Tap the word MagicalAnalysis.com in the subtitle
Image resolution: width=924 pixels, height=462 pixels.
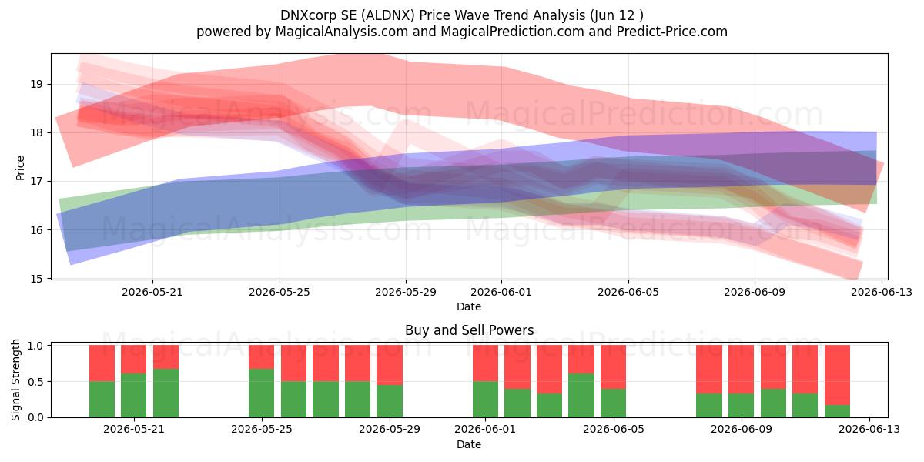[342, 32]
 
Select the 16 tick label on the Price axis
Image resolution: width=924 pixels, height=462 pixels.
[36, 230]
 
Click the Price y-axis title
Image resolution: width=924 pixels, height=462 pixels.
[20, 168]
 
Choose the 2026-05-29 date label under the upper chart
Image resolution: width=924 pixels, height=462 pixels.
[406, 292]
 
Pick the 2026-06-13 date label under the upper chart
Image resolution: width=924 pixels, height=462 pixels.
[882, 292]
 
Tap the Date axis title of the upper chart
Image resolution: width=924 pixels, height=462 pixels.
[469, 306]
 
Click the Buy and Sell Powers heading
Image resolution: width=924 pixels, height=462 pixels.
[469, 330]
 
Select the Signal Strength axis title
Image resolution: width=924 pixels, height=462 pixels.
[15, 380]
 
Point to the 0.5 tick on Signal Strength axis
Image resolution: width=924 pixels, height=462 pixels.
[36, 382]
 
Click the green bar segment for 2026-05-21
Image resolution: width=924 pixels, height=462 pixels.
[134, 395]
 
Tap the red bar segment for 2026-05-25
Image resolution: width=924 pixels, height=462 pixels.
[262, 357]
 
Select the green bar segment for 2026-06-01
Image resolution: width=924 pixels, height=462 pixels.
[486, 400]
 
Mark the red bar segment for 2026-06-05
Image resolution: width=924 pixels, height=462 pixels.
[613, 367]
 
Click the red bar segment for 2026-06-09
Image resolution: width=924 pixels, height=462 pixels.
[741, 369]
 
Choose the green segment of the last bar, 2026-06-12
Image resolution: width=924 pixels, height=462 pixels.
[838, 411]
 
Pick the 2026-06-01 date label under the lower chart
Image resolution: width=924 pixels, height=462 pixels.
[485, 429]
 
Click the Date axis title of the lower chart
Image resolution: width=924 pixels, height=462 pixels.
[469, 444]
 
